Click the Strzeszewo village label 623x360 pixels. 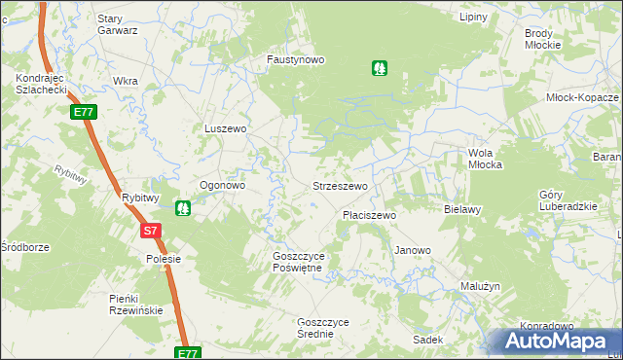coord(339,185)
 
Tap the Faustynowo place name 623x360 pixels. coord(296,59)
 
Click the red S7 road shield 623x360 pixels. coord(150,232)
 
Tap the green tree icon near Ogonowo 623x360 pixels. coord(182,208)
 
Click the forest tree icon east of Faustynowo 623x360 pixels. coord(378,68)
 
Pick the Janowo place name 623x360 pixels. coord(412,250)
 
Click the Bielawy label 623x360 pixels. coord(462,209)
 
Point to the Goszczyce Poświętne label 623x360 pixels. coord(304,262)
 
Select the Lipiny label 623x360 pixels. coord(473,18)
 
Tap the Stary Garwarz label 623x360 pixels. coord(118,24)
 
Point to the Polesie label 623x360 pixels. coord(158,260)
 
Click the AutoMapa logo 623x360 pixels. coord(557,341)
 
